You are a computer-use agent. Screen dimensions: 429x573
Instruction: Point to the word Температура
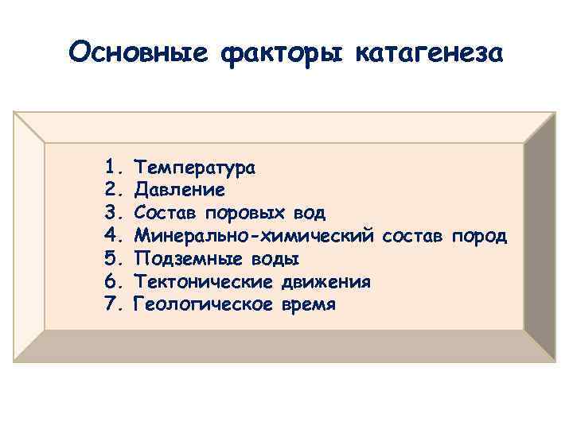(195, 168)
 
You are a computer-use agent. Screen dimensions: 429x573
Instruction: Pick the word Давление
(180, 191)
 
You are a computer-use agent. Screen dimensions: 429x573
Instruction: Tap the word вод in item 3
(309, 214)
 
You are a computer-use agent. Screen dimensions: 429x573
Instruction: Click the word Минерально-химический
(255, 237)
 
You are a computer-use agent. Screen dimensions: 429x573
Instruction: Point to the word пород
(478, 237)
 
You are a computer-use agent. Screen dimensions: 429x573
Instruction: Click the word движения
(325, 283)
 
